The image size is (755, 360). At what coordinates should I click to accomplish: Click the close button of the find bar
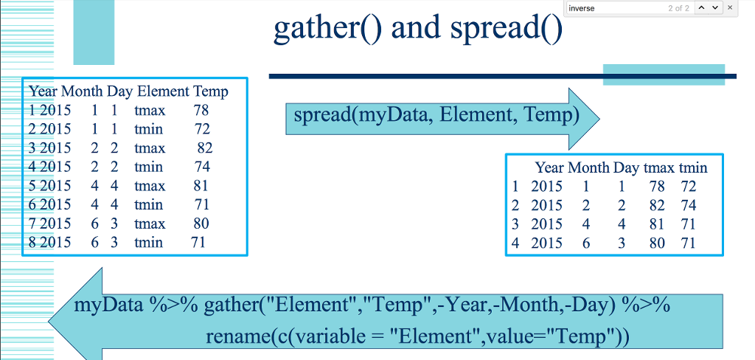[x=729, y=7]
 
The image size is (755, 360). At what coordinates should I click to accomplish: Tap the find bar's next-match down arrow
[x=715, y=7]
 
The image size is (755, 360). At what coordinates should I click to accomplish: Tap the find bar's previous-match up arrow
[x=702, y=7]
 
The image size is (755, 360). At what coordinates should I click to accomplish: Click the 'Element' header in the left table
[x=163, y=91]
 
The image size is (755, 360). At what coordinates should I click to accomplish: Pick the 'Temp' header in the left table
[x=211, y=91]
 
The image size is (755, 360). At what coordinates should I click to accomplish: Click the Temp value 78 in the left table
[x=201, y=111]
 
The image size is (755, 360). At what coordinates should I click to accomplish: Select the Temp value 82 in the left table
[x=205, y=148]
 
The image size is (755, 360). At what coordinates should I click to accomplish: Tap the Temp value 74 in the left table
[x=202, y=167]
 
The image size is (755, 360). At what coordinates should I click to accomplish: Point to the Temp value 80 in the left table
[x=201, y=224]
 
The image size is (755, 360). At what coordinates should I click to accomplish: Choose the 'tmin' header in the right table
[x=693, y=167]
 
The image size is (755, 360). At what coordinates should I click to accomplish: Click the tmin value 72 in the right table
[x=689, y=187]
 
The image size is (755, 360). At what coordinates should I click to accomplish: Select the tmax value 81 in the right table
[x=657, y=224]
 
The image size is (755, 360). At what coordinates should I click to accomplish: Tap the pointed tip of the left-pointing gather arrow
[x=49, y=320]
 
